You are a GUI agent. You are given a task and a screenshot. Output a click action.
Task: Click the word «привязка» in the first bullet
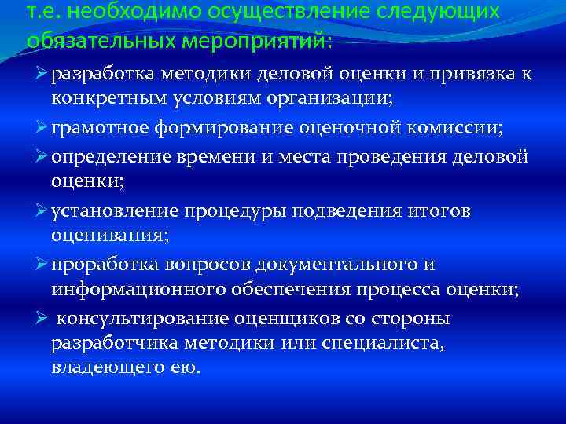click(x=468, y=75)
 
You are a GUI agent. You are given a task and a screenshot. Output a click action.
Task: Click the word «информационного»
click(x=138, y=291)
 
